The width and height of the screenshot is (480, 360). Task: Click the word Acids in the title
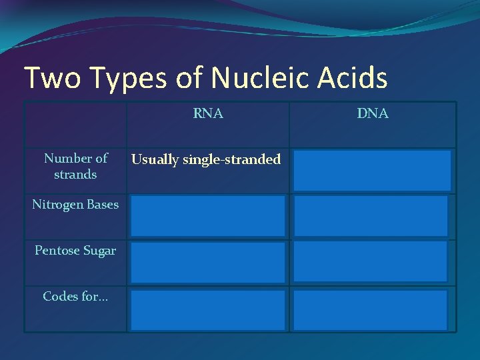coord(355,78)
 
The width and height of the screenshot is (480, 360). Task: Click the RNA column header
coord(208,114)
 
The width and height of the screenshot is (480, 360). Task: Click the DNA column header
coord(373,114)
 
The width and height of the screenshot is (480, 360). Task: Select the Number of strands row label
coord(75,167)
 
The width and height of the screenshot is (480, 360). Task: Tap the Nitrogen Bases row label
coord(75,205)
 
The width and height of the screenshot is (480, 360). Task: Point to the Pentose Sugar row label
coord(75,251)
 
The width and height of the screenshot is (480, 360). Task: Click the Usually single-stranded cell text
coord(206,159)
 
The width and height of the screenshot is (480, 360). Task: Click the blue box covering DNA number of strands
coord(371,171)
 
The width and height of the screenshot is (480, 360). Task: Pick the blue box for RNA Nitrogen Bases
coord(208,216)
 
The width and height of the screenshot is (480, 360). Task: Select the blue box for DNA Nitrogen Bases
coord(371,216)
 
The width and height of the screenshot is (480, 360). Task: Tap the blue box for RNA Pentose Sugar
coord(208,262)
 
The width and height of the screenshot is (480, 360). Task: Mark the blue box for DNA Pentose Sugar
coord(371,262)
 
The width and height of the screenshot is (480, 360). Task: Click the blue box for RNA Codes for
coord(208,309)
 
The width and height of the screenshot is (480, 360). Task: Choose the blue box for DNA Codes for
coord(371,309)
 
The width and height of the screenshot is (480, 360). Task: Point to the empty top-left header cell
coord(75,125)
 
